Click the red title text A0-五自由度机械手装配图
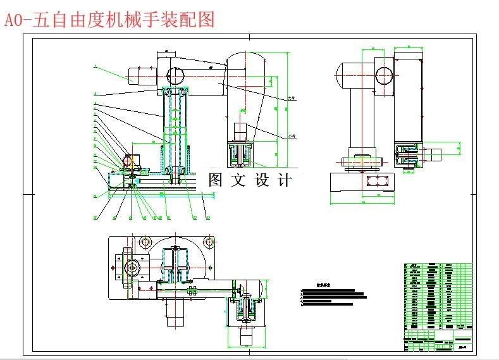click(109, 20)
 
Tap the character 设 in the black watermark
click(263, 180)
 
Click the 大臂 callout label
click(292, 98)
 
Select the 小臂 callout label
click(292, 135)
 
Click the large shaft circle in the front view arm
click(175, 75)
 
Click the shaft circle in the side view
click(384, 76)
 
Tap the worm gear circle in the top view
click(133, 268)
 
